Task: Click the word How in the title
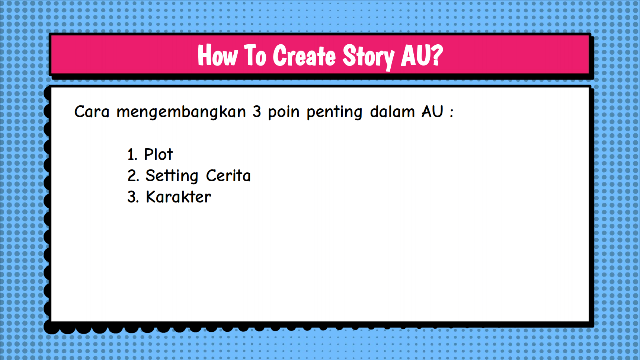217,55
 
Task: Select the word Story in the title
368,57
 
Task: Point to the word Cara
92,112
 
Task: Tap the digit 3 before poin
257,112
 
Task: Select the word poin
284,113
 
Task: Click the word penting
334,113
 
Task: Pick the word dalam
392,112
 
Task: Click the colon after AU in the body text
452,113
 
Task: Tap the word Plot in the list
159,154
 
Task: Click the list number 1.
132,154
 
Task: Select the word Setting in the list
172,176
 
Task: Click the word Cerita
228,176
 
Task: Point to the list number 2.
133,176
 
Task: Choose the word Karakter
178,197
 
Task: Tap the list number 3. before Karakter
133,197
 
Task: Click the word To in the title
255,55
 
